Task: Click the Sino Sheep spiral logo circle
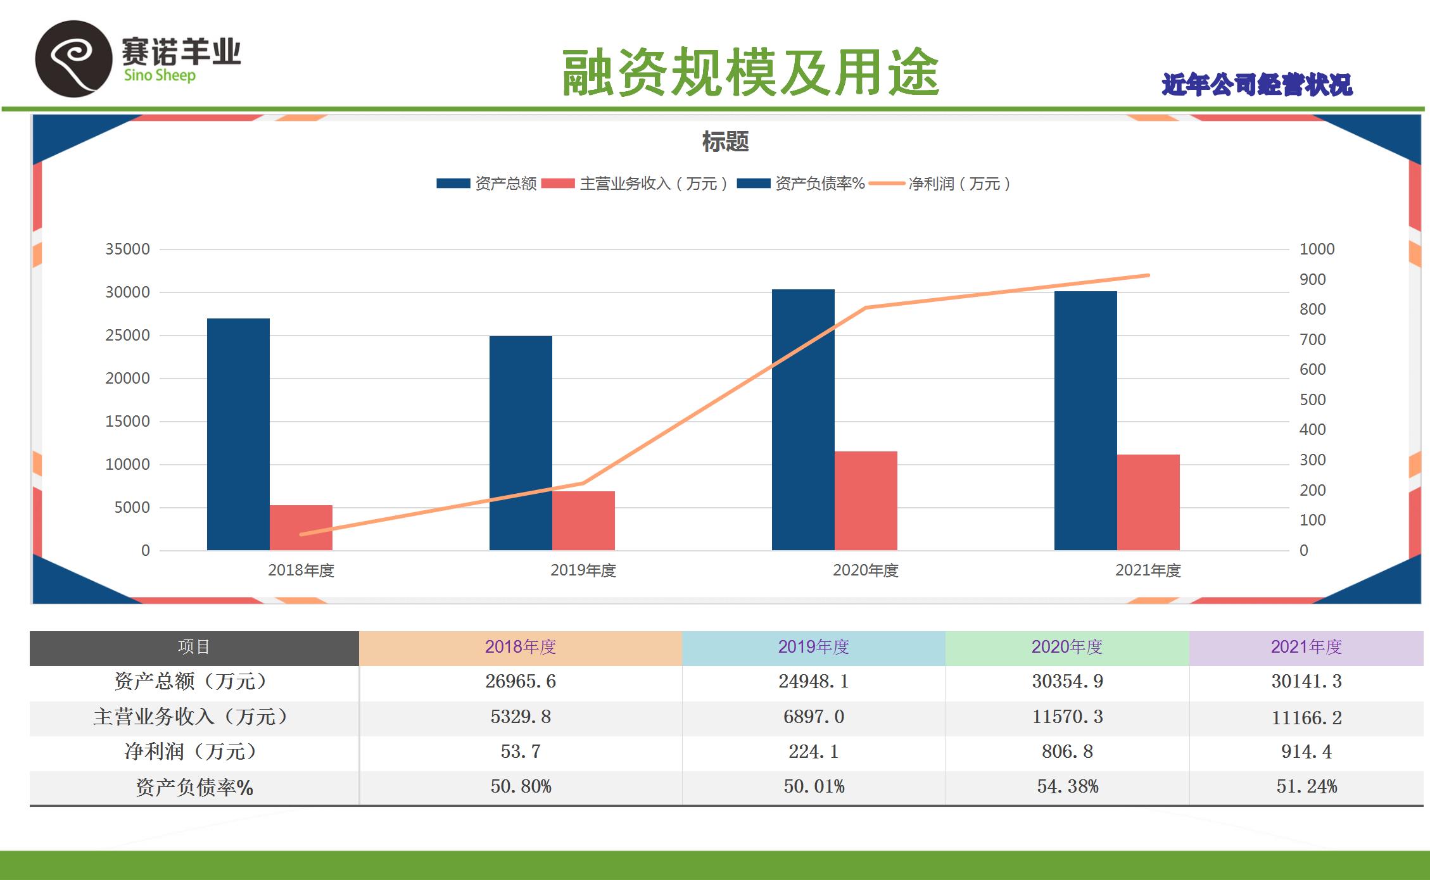coord(73,59)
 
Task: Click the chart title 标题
coord(725,142)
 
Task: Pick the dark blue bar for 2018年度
coord(238,434)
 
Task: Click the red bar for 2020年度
coord(866,500)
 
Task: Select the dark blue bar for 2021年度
coord(1085,420)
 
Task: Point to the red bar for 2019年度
coord(583,520)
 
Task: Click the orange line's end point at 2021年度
coord(1148,275)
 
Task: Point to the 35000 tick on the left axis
coord(127,249)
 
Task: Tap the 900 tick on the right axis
coord(1312,279)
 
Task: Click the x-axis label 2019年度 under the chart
coord(583,570)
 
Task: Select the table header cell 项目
coord(194,647)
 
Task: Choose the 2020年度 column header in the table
coord(1067,647)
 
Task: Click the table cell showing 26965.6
coord(521,681)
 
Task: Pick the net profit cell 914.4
coord(1307,751)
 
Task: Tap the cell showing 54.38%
coord(1067,787)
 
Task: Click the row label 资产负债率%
coord(194,788)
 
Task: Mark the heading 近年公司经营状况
coord(1257,85)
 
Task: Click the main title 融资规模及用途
coord(750,73)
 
